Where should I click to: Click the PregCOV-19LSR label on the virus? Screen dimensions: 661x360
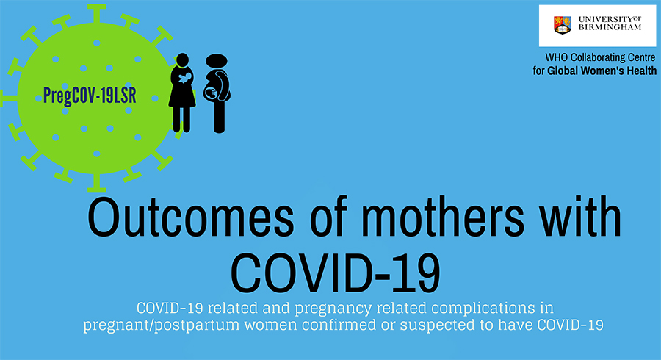(x=90, y=96)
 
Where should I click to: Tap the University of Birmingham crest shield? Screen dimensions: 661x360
(x=563, y=25)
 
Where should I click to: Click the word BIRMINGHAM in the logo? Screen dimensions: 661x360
(x=610, y=27)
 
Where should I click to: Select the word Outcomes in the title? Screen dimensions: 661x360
(x=190, y=219)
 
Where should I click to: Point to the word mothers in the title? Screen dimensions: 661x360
(x=443, y=219)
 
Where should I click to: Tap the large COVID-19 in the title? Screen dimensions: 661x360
(x=336, y=273)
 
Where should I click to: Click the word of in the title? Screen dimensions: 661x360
(x=328, y=219)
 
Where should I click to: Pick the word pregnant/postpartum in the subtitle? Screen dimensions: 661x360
(x=161, y=325)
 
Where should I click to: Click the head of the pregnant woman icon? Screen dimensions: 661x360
(x=217, y=61)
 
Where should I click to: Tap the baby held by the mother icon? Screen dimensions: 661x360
(x=184, y=78)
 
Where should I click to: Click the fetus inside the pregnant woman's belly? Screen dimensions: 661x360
(x=211, y=93)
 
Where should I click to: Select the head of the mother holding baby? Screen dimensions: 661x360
(x=182, y=60)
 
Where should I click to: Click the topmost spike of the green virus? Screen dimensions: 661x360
(x=96, y=13)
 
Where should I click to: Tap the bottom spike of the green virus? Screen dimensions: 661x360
(x=96, y=182)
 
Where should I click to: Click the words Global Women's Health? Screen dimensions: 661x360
(x=602, y=71)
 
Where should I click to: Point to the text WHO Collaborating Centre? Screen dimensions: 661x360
(x=600, y=57)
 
